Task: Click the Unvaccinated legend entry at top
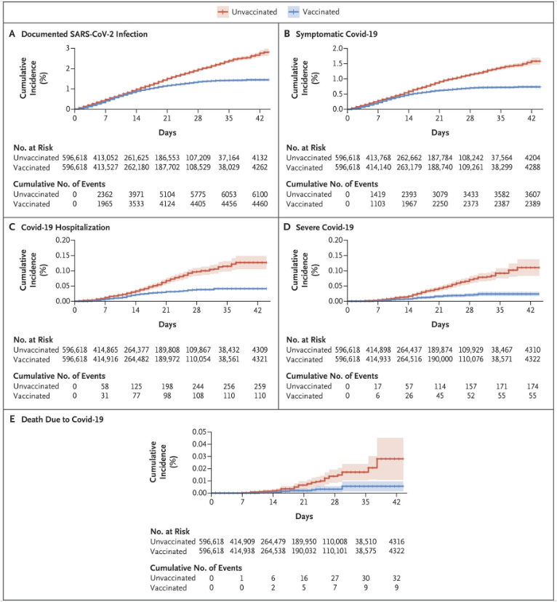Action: (247, 12)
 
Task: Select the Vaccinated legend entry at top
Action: (313, 12)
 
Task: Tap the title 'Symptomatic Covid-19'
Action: (336, 34)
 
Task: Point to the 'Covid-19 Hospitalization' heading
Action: (65, 228)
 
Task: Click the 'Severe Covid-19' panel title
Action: (324, 228)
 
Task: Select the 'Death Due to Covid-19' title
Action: (63, 420)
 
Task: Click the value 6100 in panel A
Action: (260, 194)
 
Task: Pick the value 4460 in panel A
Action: (260, 204)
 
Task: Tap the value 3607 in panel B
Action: (532, 194)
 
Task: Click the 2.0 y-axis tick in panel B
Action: (337, 49)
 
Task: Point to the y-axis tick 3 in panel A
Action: (68, 49)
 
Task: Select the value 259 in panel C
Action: (260, 386)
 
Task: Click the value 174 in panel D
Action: (532, 386)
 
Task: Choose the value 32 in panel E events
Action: (396, 578)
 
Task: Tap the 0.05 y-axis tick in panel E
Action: (199, 432)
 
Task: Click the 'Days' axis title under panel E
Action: (304, 516)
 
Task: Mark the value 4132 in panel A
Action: (260, 158)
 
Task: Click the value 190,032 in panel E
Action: (304, 551)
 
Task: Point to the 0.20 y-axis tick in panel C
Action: (63, 241)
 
